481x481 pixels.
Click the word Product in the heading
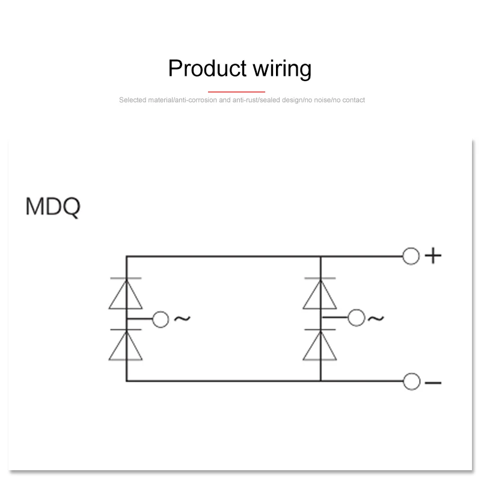click(204, 69)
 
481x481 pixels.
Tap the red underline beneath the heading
click(240, 91)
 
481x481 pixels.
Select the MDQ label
click(53, 206)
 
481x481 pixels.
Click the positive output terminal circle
click(411, 256)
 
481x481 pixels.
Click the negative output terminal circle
click(411, 381)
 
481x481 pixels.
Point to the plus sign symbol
click(433, 256)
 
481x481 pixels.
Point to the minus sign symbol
click(433, 382)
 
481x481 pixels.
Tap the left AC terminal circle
click(161, 319)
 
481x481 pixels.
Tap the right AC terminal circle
click(357, 318)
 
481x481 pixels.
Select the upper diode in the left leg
click(126, 293)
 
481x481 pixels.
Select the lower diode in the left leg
click(126, 345)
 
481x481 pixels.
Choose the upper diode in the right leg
click(320, 293)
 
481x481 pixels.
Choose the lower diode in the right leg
click(320, 345)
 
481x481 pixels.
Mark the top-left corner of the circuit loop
click(126, 256)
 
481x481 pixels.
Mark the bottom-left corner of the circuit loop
click(126, 381)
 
